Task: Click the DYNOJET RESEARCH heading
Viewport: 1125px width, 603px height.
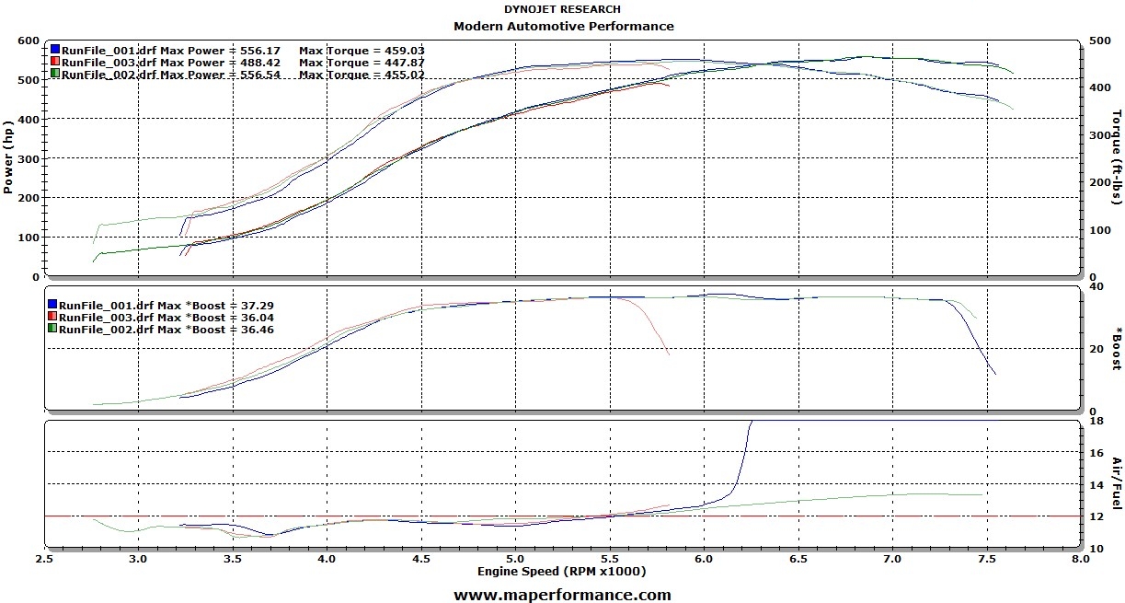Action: click(x=562, y=9)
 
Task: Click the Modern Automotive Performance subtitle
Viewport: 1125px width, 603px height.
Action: click(x=563, y=26)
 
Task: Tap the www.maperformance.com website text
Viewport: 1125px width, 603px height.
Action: click(x=562, y=595)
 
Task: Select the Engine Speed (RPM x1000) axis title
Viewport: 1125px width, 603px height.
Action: click(x=561, y=572)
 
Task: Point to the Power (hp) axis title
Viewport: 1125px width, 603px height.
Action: click(x=8, y=157)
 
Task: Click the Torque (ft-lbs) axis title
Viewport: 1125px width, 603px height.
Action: click(x=1117, y=157)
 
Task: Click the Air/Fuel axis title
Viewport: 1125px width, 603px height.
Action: click(x=1117, y=483)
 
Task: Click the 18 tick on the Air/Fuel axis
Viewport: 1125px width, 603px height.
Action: click(x=1095, y=421)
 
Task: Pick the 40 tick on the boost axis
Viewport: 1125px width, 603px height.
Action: click(x=1095, y=286)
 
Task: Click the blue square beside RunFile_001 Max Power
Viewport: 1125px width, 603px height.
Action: click(x=55, y=50)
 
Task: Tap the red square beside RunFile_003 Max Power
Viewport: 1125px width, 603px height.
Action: click(x=55, y=62)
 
